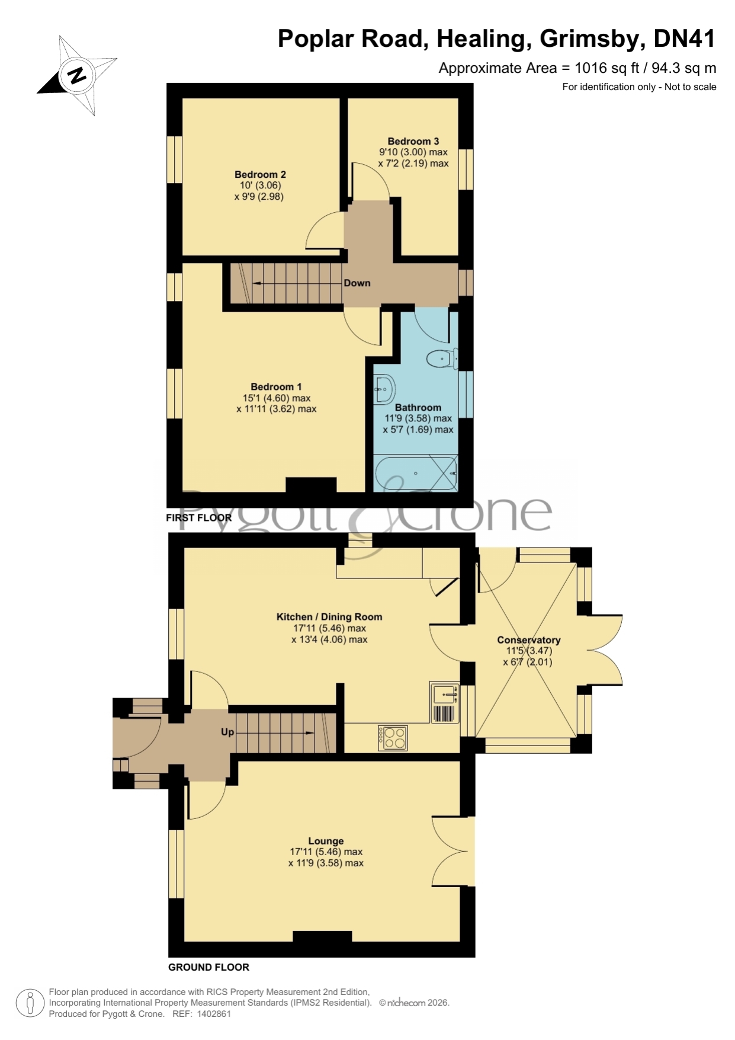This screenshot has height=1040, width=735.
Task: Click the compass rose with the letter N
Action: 77,75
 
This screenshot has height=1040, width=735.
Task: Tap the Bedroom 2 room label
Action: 260,174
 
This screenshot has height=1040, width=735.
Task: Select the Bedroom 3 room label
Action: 413,141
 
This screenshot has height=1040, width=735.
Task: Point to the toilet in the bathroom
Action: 442,359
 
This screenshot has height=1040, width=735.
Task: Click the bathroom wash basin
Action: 384,389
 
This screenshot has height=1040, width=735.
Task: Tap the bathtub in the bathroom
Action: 416,473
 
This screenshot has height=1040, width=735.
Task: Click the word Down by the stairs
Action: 357,283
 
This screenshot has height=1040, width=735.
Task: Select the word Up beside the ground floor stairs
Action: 227,732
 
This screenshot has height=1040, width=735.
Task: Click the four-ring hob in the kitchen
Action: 393,738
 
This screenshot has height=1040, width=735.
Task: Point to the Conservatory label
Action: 528,640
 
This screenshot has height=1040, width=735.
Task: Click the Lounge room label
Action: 326,841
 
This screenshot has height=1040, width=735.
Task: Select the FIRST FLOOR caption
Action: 199,518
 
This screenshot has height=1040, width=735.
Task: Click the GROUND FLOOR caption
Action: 208,967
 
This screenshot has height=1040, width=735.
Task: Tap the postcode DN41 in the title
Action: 684,39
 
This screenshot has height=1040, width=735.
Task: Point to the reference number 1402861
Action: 214,1014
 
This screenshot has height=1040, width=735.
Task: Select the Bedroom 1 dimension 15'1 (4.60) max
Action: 277,398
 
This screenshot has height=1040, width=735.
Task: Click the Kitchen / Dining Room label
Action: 329,617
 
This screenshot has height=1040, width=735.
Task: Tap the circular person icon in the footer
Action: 30,1003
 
